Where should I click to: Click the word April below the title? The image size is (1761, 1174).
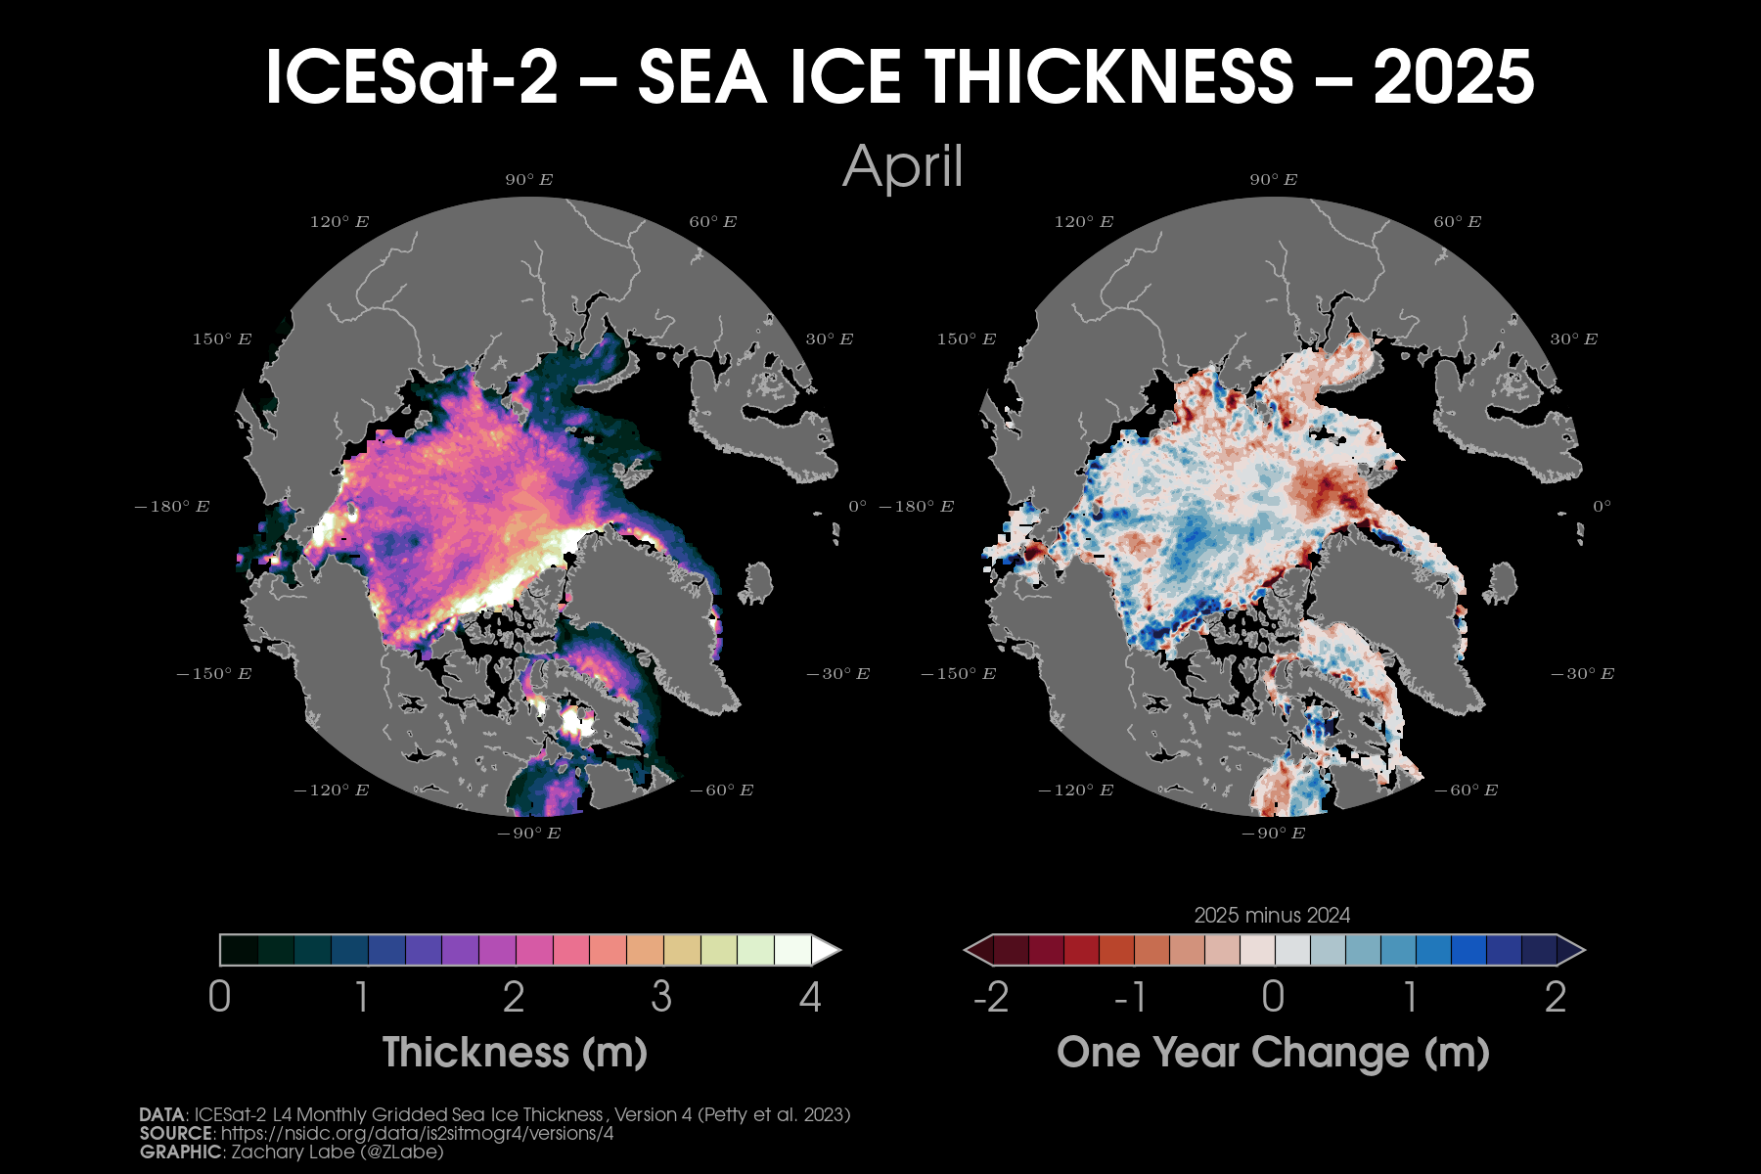(902, 166)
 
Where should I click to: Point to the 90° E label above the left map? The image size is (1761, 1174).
(529, 180)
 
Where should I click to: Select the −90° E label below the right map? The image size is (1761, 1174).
(1273, 834)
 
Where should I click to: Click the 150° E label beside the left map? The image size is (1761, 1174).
(222, 339)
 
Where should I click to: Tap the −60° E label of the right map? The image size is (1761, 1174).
(1466, 790)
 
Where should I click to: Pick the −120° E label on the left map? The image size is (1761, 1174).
(332, 790)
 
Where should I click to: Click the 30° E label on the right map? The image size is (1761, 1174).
(1573, 339)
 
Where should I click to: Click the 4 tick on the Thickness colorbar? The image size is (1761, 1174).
(810, 997)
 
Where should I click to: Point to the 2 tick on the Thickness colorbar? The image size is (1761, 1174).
(514, 997)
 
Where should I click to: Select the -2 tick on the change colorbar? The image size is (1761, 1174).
(991, 997)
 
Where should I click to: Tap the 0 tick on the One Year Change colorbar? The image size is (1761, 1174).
(1273, 997)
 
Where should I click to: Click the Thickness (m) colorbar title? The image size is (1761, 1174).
(515, 1053)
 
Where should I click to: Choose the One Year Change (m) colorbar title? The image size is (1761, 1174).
(1273, 1053)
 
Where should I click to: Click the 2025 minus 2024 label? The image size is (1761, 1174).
(1272, 916)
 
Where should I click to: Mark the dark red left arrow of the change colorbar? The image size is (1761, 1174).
(978, 950)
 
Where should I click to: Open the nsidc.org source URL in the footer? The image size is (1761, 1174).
(418, 1134)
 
